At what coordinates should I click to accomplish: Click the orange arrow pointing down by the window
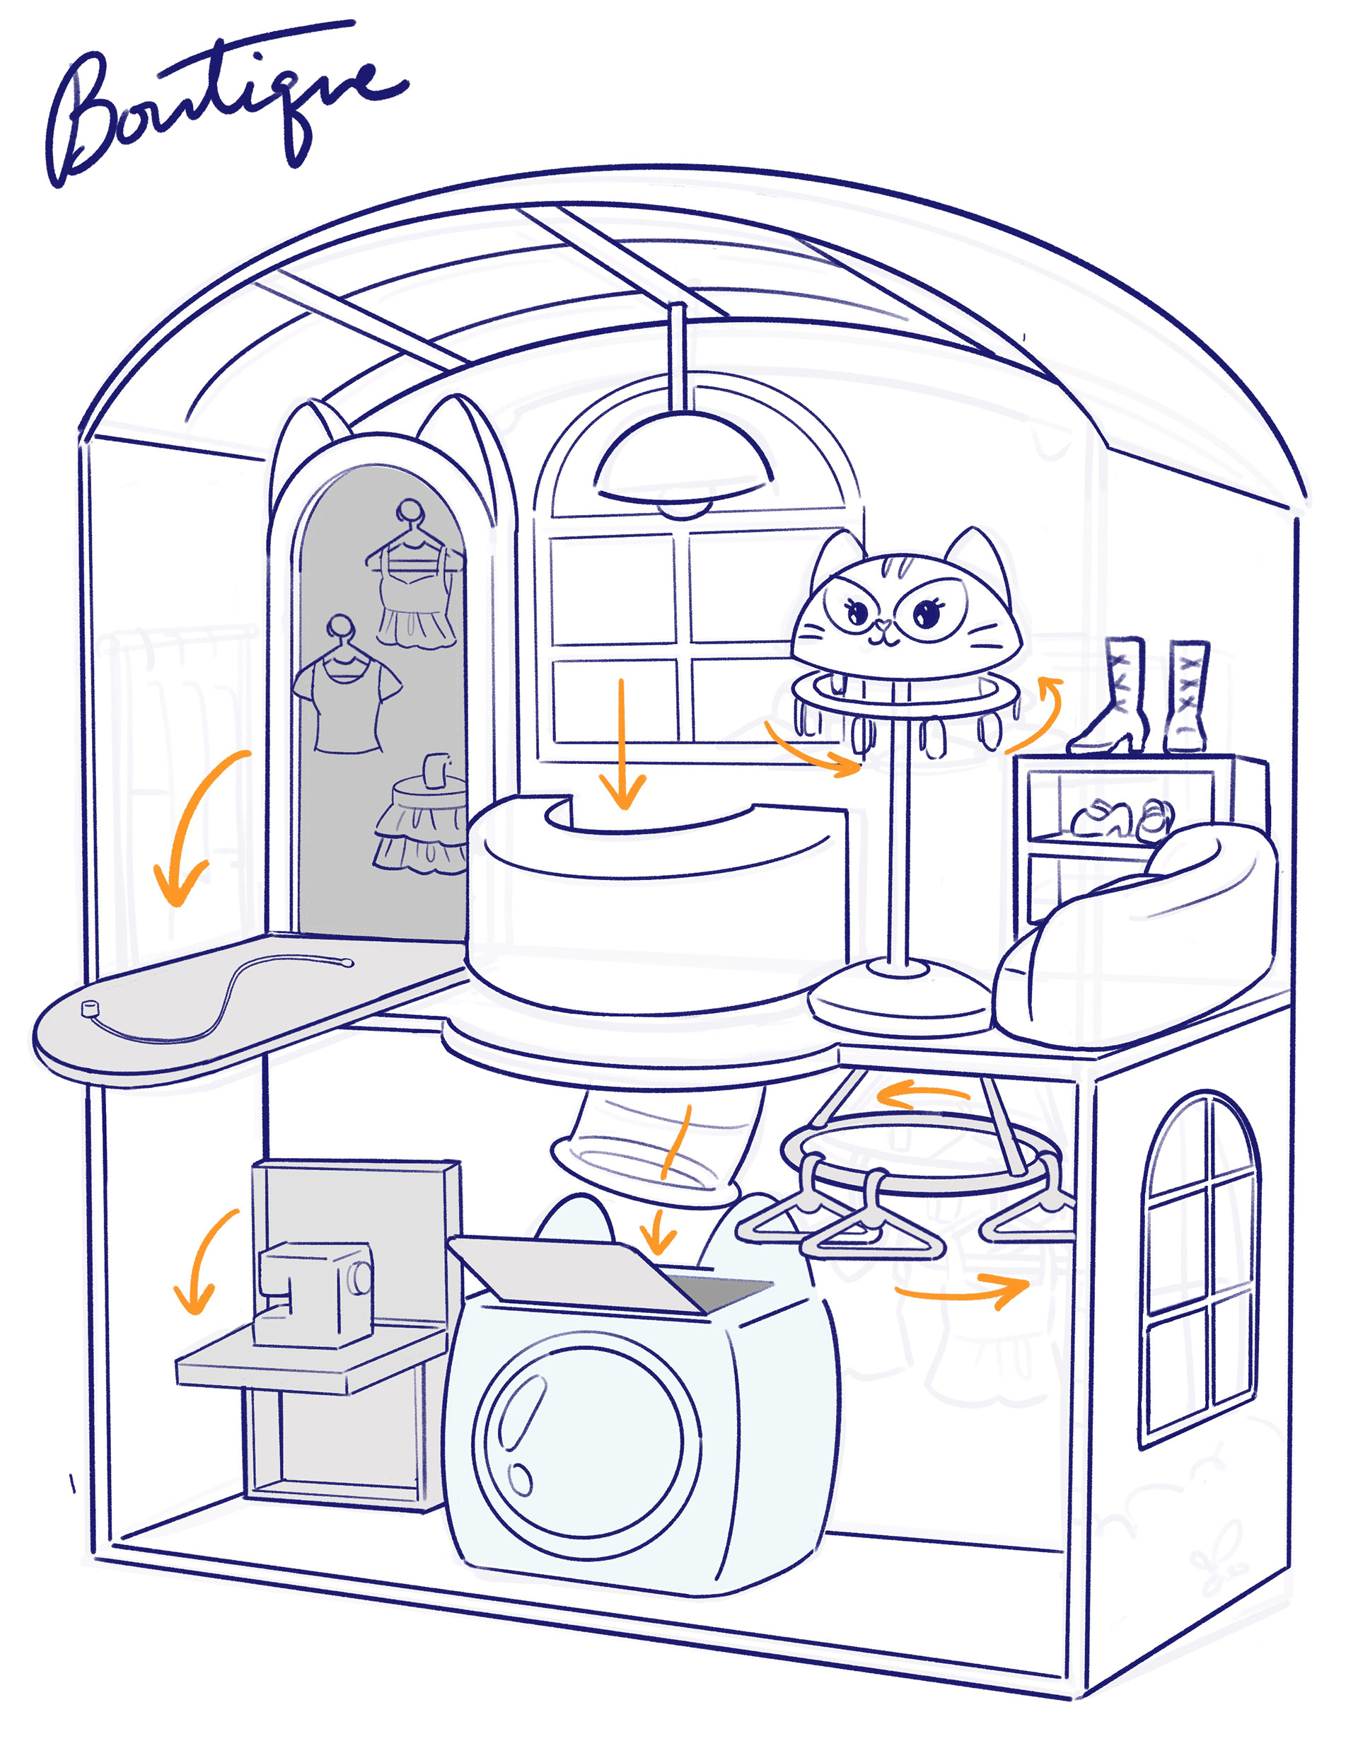[622, 744]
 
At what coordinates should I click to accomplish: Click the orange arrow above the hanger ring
[922, 1094]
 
